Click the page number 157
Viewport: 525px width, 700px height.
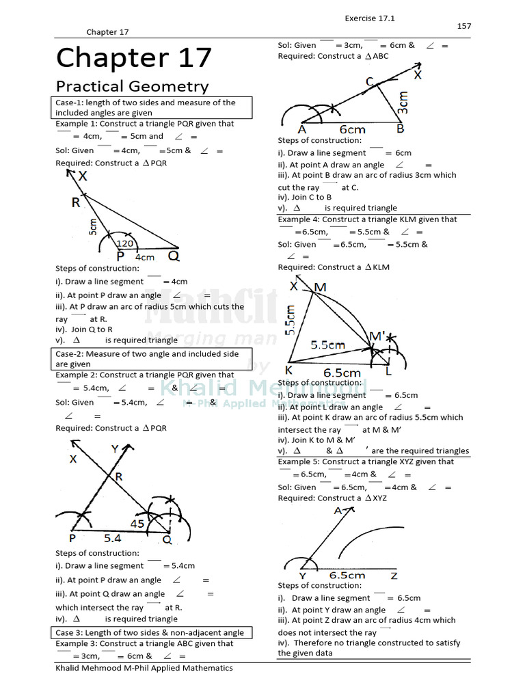(463, 26)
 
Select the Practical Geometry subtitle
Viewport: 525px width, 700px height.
(132, 86)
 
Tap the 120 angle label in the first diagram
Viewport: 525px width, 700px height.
(124, 243)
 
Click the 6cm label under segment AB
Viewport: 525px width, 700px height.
(352, 129)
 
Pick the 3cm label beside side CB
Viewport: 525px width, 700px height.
(403, 103)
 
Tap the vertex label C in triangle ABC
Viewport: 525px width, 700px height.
(369, 82)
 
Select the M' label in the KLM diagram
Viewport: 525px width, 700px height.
(377, 336)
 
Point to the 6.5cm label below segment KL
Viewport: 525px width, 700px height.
(342, 373)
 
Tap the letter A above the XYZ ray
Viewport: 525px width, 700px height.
(338, 510)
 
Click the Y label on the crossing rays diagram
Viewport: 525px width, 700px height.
(115, 449)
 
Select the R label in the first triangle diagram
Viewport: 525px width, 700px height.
(75, 202)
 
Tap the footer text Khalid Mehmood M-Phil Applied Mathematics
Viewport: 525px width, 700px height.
(144, 668)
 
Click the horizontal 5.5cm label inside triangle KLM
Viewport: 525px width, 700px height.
(327, 345)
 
